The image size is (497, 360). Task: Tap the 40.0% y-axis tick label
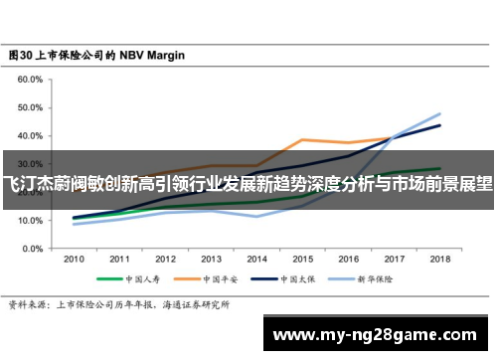(29, 135)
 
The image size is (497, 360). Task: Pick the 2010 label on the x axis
(75, 259)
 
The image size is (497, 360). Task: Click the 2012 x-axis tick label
(165, 259)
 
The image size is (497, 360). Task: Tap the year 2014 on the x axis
(256, 259)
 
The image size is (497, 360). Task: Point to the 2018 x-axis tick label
(438, 259)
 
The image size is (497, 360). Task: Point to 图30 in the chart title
(21, 56)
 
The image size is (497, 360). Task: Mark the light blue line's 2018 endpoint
(439, 113)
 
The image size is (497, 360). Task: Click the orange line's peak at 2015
(302, 139)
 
